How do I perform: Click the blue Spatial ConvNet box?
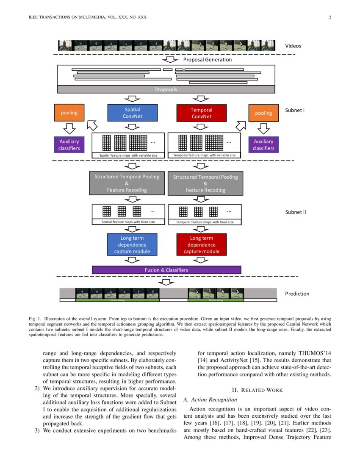pyautogui.click(x=133, y=113)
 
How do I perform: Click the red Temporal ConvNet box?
pyautogui.click(x=202, y=113)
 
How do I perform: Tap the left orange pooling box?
pyautogui.click(x=69, y=113)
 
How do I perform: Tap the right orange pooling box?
pyautogui.click(x=263, y=113)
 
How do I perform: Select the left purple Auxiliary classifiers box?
pyautogui.click(x=69, y=144)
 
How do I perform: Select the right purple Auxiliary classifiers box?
pyautogui.click(x=263, y=144)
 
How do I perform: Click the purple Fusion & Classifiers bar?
pyautogui.click(x=166, y=270)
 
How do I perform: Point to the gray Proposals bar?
pyautogui.click(x=166, y=89)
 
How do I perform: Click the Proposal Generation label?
pyautogui.click(x=208, y=60)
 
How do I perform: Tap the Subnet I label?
pyautogui.click(x=295, y=110)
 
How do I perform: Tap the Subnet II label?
pyautogui.click(x=295, y=212)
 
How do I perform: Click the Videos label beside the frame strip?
pyautogui.click(x=294, y=46)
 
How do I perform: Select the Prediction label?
pyautogui.click(x=297, y=294)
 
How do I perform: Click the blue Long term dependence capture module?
pyautogui.click(x=132, y=245)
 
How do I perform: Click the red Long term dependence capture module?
pyautogui.click(x=202, y=245)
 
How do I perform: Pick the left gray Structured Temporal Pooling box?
pyautogui.click(x=127, y=183)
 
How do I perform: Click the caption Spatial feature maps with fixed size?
pyautogui.click(x=128, y=222)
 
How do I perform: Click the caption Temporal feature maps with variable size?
pyautogui.click(x=204, y=155)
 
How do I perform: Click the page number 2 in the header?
pyautogui.click(x=329, y=17)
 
